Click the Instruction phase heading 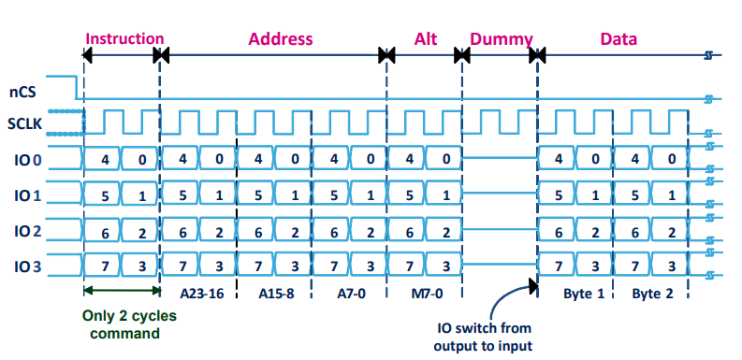click(x=124, y=39)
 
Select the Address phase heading click(x=279, y=39)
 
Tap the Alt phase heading click(x=426, y=39)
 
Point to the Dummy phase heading click(x=501, y=39)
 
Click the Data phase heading click(x=618, y=39)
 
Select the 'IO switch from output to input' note click(x=484, y=338)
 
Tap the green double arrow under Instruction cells click(x=122, y=290)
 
